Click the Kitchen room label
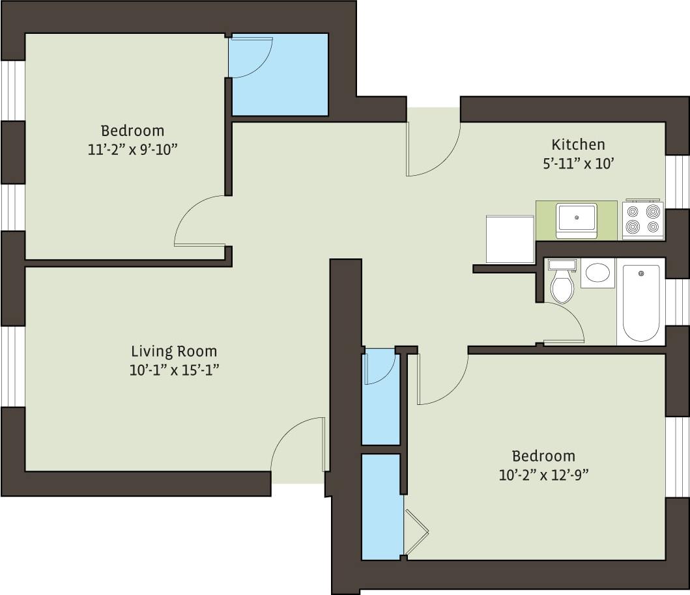click(x=578, y=145)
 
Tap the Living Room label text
click(x=174, y=352)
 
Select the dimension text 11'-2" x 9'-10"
click(x=133, y=149)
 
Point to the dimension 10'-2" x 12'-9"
click(x=543, y=475)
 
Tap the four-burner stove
click(x=642, y=219)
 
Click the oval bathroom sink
click(x=597, y=273)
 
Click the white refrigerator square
click(x=510, y=239)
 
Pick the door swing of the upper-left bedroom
click(x=199, y=221)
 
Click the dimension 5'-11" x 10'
click(x=578, y=164)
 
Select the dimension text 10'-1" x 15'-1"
click(x=174, y=371)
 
